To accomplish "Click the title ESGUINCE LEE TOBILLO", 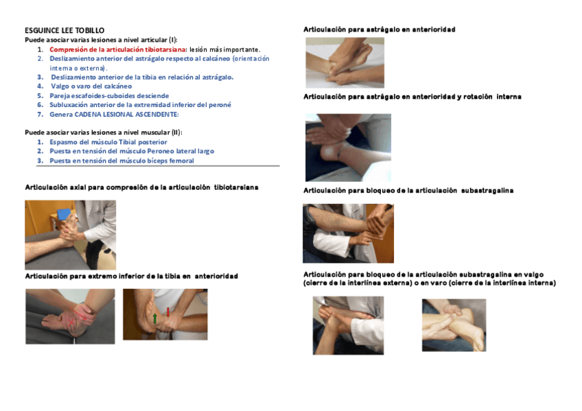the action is coord(65,30).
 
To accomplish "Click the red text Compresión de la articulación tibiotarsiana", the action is coord(117,49).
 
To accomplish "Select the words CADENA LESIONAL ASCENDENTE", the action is coord(126,115).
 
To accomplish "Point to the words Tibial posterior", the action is coord(143,142).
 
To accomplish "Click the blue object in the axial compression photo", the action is coord(64,214).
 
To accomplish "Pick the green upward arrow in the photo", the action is coord(155,318).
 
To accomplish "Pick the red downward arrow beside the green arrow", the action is coord(167,312).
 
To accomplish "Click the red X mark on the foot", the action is coord(71,322).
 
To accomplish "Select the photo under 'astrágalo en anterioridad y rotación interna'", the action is coord(348,148).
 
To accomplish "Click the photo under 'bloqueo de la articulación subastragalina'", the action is coord(348,233).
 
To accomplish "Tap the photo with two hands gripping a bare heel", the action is coord(454,325).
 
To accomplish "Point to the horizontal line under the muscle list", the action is coord(158,166).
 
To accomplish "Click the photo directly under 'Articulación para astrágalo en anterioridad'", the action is coord(345,62).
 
